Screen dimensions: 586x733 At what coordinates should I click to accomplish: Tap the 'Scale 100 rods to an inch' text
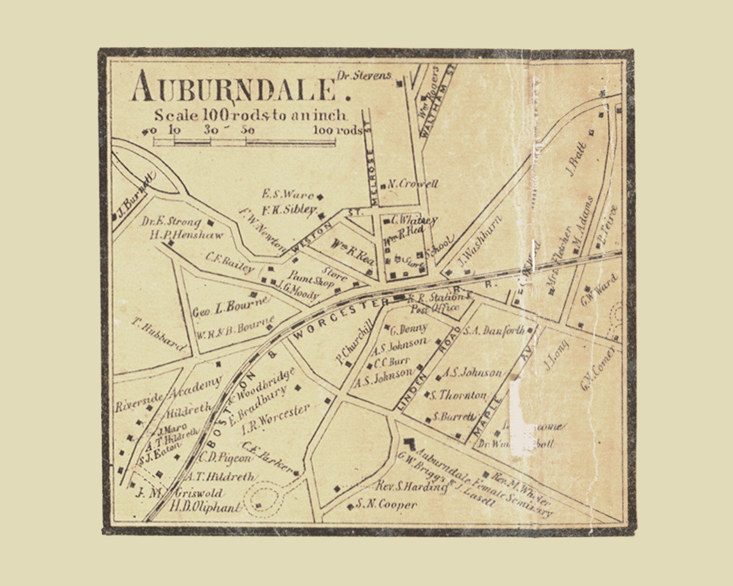(x=251, y=115)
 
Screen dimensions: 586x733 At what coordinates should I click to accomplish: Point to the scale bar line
(x=244, y=141)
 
